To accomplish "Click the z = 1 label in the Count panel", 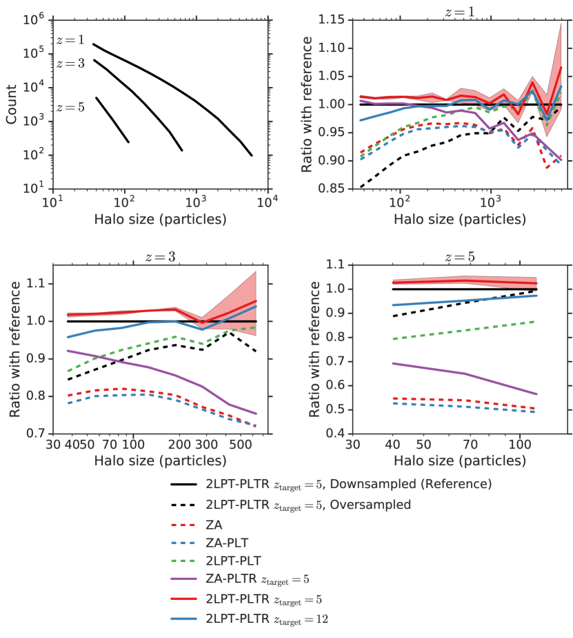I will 70,41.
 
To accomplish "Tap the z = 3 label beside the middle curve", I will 70,64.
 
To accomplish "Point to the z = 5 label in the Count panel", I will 70,107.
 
